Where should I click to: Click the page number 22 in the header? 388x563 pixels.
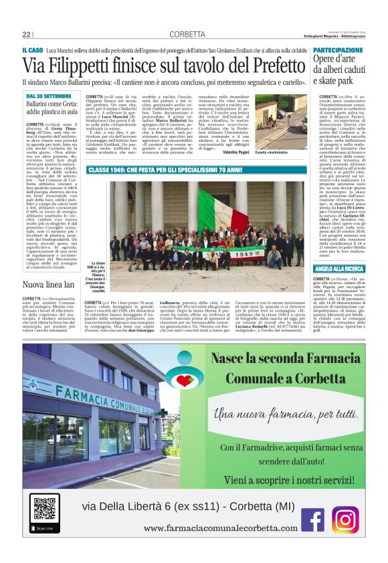[26, 35]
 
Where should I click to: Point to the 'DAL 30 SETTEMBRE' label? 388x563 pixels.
[49, 97]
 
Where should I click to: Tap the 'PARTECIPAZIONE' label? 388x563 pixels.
[338, 51]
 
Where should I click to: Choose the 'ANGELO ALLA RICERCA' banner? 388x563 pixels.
[340, 269]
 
